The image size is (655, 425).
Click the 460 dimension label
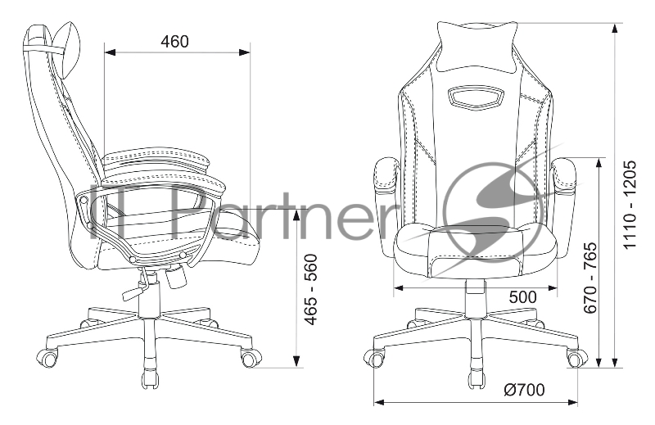pos(174,42)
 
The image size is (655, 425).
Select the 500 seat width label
pos(522,297)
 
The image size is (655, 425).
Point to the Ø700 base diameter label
pos(524,390)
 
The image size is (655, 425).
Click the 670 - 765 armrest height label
pos(589,278)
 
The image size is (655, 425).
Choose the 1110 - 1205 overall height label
pos(630,205)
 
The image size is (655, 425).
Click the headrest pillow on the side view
pos(68,50)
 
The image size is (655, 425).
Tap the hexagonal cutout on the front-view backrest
pos(475,96)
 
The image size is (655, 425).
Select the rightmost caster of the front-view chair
pos(576,358)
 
